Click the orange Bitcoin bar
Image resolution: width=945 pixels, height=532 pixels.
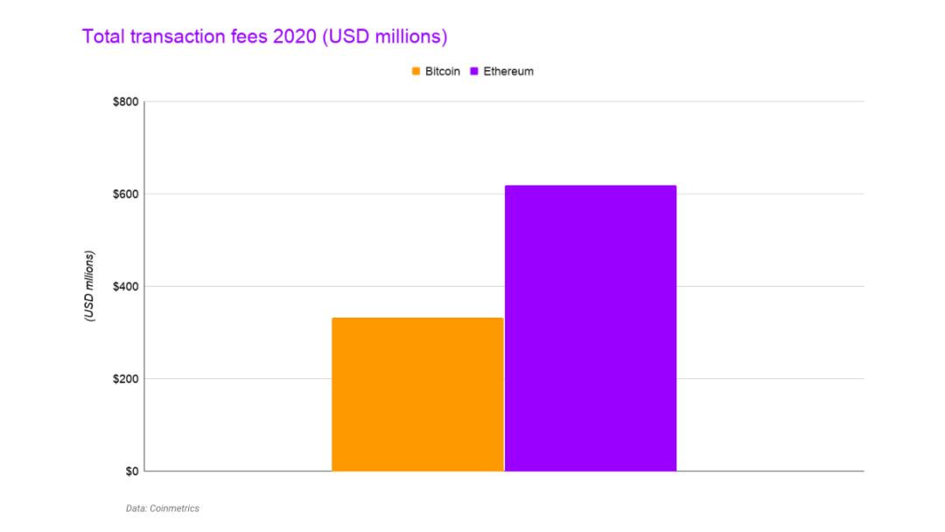pyautogui.click(x=417, y=394)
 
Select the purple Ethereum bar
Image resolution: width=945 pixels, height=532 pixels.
pyautogui.click(x=591, y=328)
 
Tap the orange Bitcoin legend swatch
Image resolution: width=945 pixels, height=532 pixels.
pyautogui.click(x=416, y=72)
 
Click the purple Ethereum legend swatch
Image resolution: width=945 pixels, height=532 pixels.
pyautogui.click(x=475, y=72)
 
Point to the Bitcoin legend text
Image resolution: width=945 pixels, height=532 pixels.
pyautogui.click(x=442, y=72)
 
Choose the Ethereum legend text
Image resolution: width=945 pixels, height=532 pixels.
pyautogui.click(x=508, y=72)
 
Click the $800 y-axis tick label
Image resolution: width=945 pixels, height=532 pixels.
pyautogui.click(x=126, y=101)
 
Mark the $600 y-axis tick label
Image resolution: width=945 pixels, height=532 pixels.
pyautogui.click(x=126, y=193)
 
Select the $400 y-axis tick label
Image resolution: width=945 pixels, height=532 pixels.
pyautogui.click(x=126, y=286)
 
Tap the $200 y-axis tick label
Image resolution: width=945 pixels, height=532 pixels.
pyautogui.click(x=126, y=379)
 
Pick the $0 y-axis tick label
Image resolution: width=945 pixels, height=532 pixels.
pyautogui.click(x=131, y=471)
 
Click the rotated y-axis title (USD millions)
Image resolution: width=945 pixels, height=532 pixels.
pyautogui.click(x=89, y=286)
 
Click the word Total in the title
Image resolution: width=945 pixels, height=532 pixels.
pyautogui.click(x=101, y=37)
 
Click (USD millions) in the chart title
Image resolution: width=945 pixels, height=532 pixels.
pyautogui.click(x=384, y=37)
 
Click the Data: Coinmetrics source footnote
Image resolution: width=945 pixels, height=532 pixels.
pyautogui.click(x=162, y=508)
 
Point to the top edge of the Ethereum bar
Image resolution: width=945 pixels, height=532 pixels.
pyautogui.click(x=591, y=185)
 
